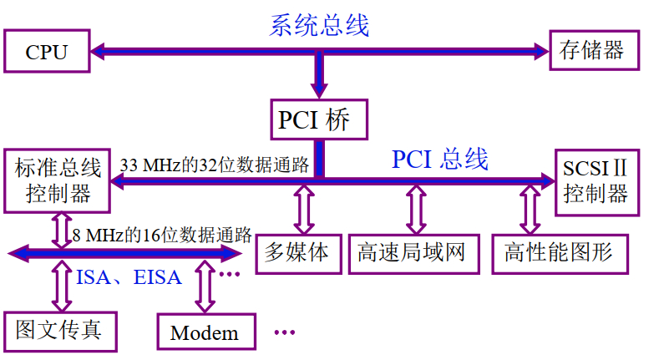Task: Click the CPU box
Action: coord(46,53)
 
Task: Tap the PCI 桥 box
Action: coord(319,120)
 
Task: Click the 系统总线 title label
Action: coord(319,25)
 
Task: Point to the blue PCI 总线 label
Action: coord(440,159)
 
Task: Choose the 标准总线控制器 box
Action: coord(58,180)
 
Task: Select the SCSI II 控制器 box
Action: coord(595,180)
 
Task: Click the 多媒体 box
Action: coord(297,251)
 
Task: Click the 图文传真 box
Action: coord(58,330)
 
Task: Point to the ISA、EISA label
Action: coord(129,276)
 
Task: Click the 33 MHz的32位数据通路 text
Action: coord(215,165)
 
